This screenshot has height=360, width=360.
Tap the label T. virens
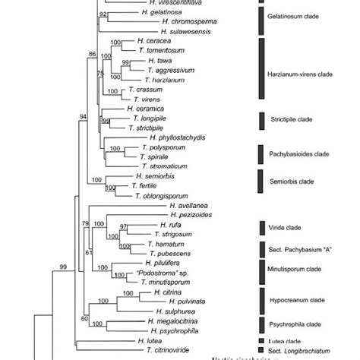(146, 99)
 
